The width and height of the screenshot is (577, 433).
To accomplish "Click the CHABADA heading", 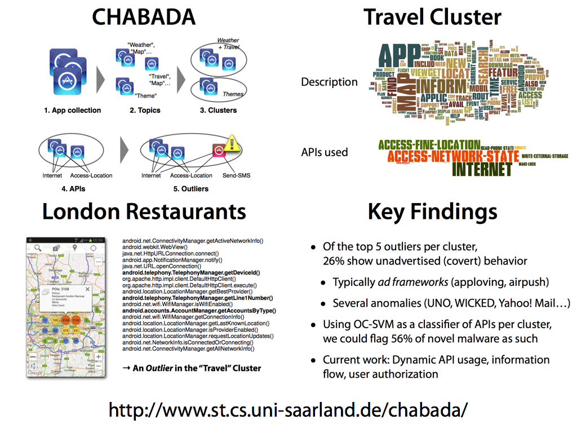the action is [144, 17].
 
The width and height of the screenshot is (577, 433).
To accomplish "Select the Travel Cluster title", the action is [432, 17].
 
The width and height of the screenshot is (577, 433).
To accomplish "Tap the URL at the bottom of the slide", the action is [288, 409].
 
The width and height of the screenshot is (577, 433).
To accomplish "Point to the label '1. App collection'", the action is [73, 111].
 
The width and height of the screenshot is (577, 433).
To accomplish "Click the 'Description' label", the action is [329, 82].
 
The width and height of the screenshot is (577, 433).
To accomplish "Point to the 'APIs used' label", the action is [325, 152].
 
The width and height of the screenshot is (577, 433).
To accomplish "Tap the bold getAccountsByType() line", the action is [199, 311].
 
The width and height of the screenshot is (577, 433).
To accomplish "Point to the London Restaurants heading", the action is [144, 211].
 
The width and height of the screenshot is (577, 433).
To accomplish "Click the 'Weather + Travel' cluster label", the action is [228, 44].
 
